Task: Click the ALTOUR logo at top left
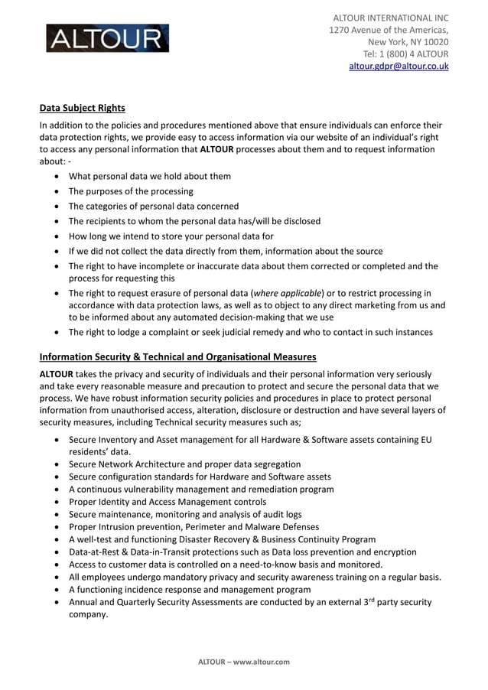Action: tap(107, 38)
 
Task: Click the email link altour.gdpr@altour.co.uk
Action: tap(399, 67)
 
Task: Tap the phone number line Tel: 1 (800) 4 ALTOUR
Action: tap(405, 54)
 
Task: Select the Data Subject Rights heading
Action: tap(82, 108)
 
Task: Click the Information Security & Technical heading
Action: tap(177, 356)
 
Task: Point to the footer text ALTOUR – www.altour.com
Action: tap(244, 662)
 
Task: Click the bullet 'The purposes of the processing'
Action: tap(131, 191)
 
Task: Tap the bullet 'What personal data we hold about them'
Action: tap(149, 176)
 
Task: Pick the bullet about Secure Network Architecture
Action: tap(184, 464)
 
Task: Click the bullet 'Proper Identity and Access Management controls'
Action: tap(168, 502)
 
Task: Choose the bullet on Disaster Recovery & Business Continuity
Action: tap(222, 539)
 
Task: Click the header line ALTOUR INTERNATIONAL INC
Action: tap(390, 18)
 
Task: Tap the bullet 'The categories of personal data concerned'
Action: tap(153, 207)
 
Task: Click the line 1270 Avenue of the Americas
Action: tap(389, 30)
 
